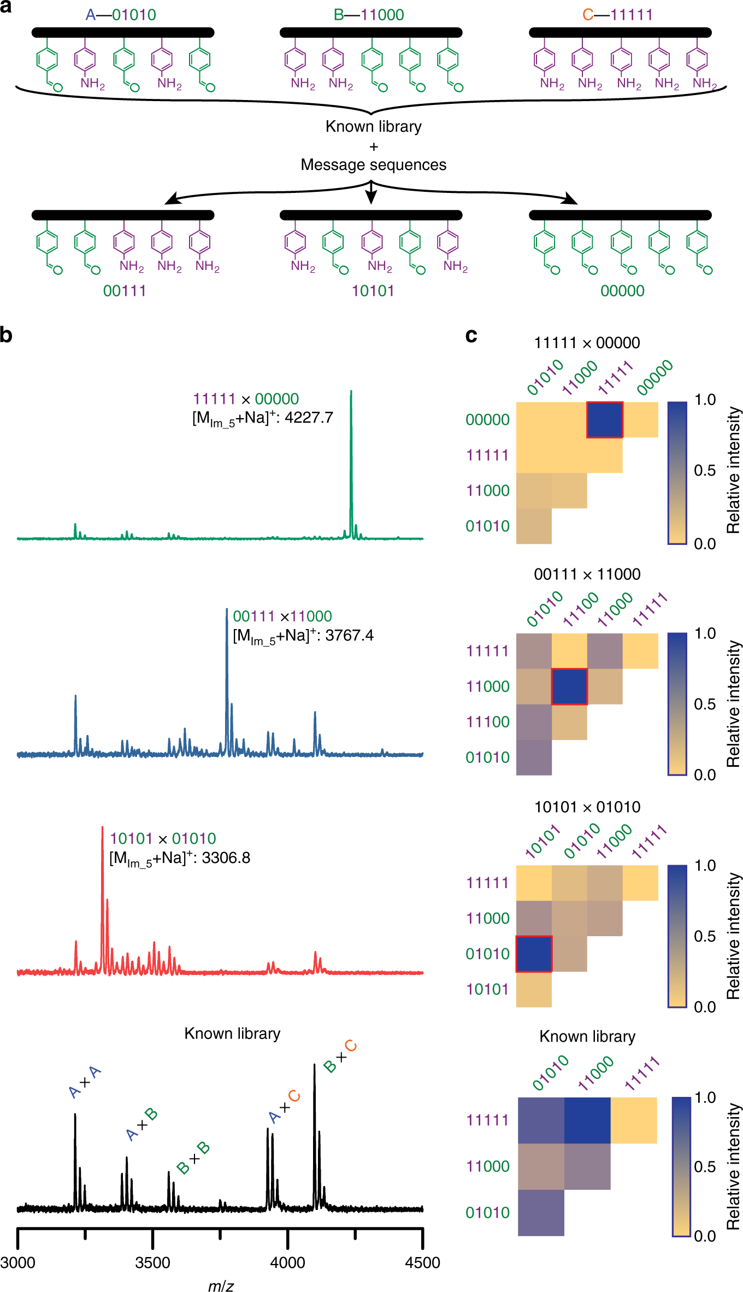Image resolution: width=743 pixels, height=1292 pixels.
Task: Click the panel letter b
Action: (x=7, y=334)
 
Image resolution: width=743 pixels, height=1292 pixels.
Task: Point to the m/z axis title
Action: (x=221, y=1285)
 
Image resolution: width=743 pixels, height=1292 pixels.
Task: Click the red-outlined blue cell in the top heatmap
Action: (x=605, y=420)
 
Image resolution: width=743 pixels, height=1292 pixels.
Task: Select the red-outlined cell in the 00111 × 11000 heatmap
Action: (x=569, y=686)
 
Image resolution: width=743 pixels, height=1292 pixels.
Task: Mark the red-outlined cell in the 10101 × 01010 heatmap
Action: (x=534, y=954)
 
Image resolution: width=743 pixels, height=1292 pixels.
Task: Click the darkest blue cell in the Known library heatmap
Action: (x=587, y=1120)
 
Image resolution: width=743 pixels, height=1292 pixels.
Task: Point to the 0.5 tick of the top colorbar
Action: (x=705, y=471)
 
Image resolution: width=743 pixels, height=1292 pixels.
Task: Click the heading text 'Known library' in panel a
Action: (x=373, y=126)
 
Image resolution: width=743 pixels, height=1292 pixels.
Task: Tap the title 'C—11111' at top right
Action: (x=617, y=14)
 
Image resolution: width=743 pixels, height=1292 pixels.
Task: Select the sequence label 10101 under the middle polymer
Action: (x=373, y=290)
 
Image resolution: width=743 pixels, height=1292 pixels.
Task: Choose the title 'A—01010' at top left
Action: (x=121, y=14)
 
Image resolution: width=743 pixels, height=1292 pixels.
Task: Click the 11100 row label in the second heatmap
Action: (x=487, y=722)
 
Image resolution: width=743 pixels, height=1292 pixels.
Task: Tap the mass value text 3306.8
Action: (x=226, y=858)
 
